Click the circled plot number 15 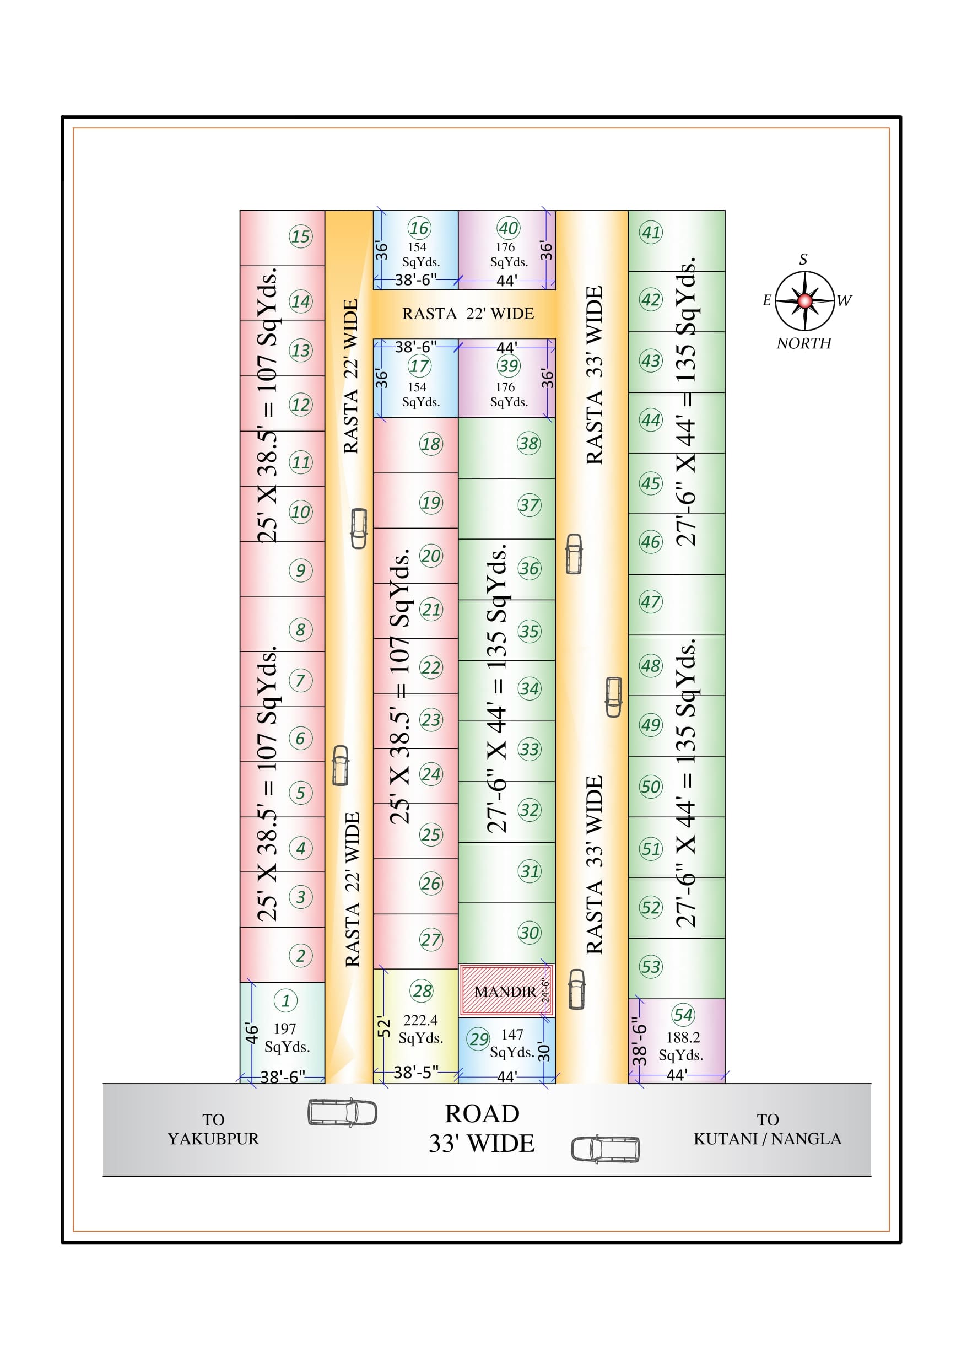pos(300,236)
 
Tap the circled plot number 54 pos(683,1015)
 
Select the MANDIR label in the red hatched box pos(505,992)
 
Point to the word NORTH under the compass pos(804,343)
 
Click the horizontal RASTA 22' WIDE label pos(468,314)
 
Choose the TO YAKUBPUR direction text pos(213,1129)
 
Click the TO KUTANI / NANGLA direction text pos(768,1129)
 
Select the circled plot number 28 pos(422,991)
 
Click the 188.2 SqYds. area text pos(682,1046)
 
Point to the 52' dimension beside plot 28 pos(383,1027)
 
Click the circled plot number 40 pos(508,228)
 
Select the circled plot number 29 pos(478,1039)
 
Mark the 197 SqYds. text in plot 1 pos(287,1037)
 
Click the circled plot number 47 pos(651,602)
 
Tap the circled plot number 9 pos(300,570)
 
